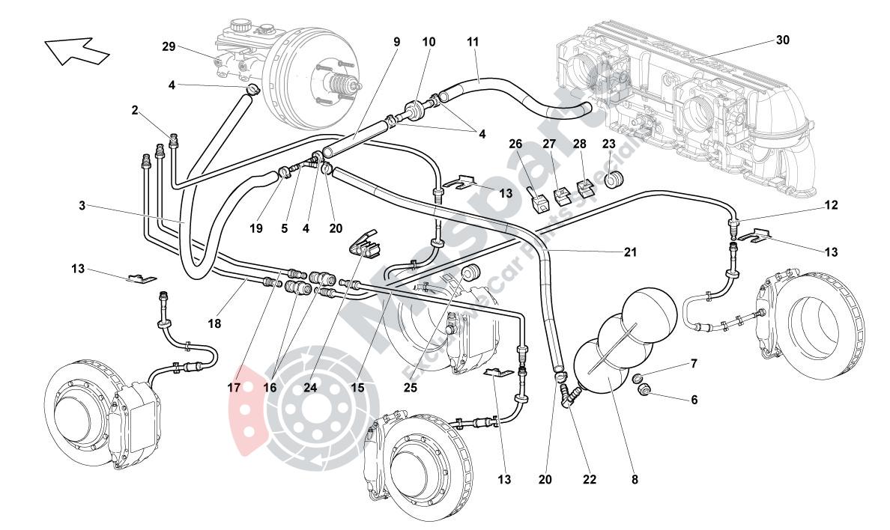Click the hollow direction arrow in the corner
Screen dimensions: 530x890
[x=77, y=51]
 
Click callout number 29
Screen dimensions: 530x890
[x=169, y=46]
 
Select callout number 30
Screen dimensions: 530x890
[x=782, y=40]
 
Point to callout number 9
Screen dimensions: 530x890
[x=396, y=42]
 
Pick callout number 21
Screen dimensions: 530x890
[x=630, y=252]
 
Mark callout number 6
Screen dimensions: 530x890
[x=694, y=400]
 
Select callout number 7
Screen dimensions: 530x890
[x=694, y=364]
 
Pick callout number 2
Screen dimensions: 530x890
[x=135, y=111]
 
